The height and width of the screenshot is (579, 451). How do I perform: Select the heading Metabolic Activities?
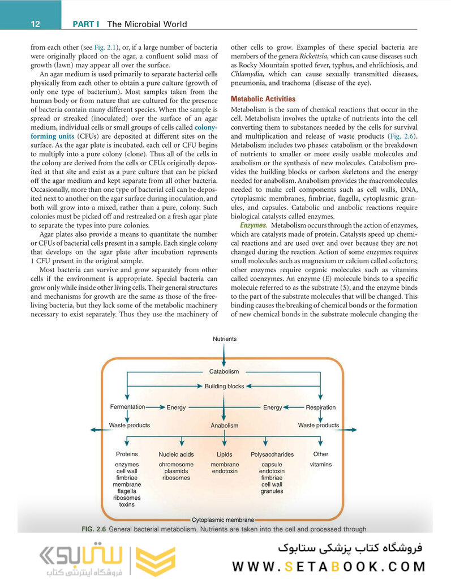(263, 98)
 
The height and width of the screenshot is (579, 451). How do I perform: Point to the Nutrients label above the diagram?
(225, 338)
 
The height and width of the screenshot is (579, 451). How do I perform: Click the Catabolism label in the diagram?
(224, 371)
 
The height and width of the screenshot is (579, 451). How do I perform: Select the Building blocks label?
(224, 386)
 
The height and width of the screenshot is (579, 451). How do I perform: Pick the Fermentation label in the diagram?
(127, 407)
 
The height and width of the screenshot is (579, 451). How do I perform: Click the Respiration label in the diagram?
(320, 407)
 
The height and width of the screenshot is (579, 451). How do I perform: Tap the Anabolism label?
(224, 426)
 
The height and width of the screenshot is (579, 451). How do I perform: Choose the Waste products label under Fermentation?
(129, 425)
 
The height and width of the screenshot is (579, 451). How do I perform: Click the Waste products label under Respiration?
(318, 425)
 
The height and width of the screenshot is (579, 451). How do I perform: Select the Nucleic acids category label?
(176, 454)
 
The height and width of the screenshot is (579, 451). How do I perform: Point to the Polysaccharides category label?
(272, 454)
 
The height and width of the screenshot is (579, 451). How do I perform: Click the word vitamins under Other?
(320, 465)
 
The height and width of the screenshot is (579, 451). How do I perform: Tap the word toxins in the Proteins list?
(127, 504)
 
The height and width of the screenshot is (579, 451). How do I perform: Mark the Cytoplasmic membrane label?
(223, 519)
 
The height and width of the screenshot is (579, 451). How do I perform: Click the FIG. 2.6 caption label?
(94, 529)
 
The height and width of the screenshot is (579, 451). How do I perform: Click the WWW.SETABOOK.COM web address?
(329, 567)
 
